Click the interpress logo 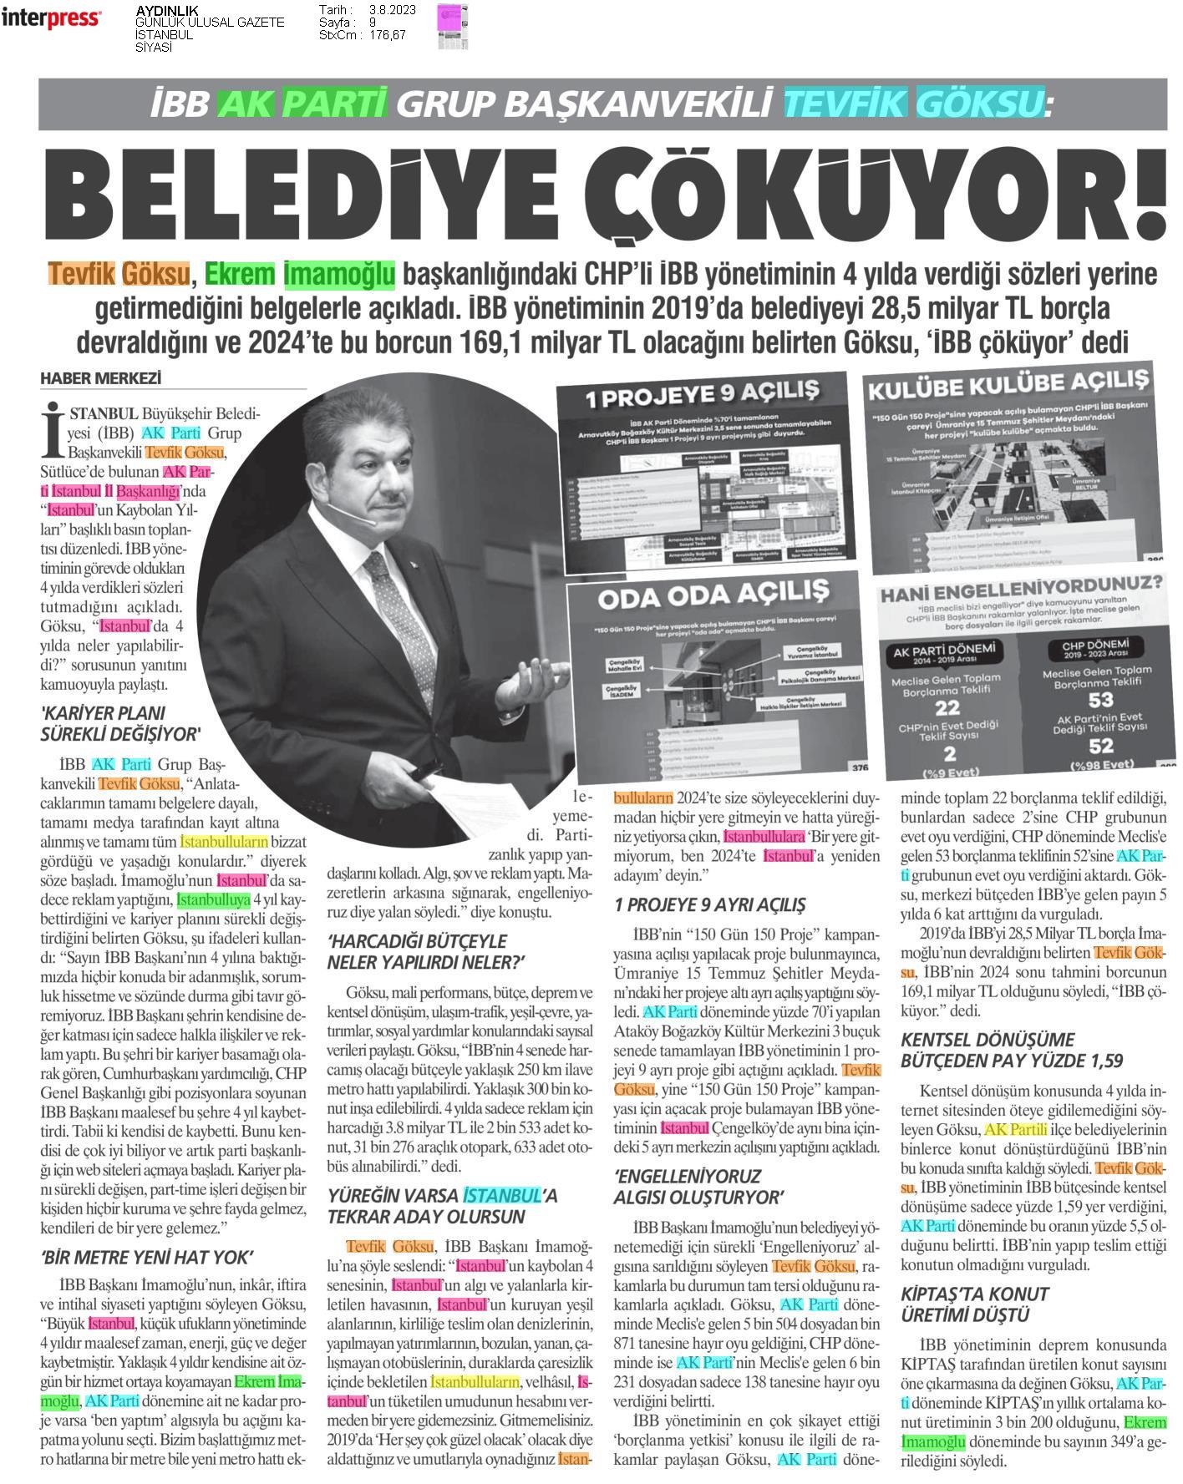tap(51, 18)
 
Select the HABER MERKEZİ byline tap(100, 379)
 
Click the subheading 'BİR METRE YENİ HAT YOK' tap(147, 1258)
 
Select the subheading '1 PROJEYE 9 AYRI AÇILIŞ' tap(710, 904)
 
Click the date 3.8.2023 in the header tap(387, 10)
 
